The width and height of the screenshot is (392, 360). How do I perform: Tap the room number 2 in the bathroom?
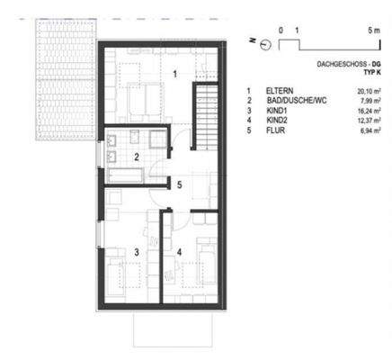[x=137, y=157]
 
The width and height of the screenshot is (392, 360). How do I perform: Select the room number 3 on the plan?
[x=137, y=253]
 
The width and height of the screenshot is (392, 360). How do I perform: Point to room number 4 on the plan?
[x=181, y=252]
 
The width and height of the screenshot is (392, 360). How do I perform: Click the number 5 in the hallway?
[x=180, y=185]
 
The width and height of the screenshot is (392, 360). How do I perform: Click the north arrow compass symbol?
[x=264, y=43]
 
